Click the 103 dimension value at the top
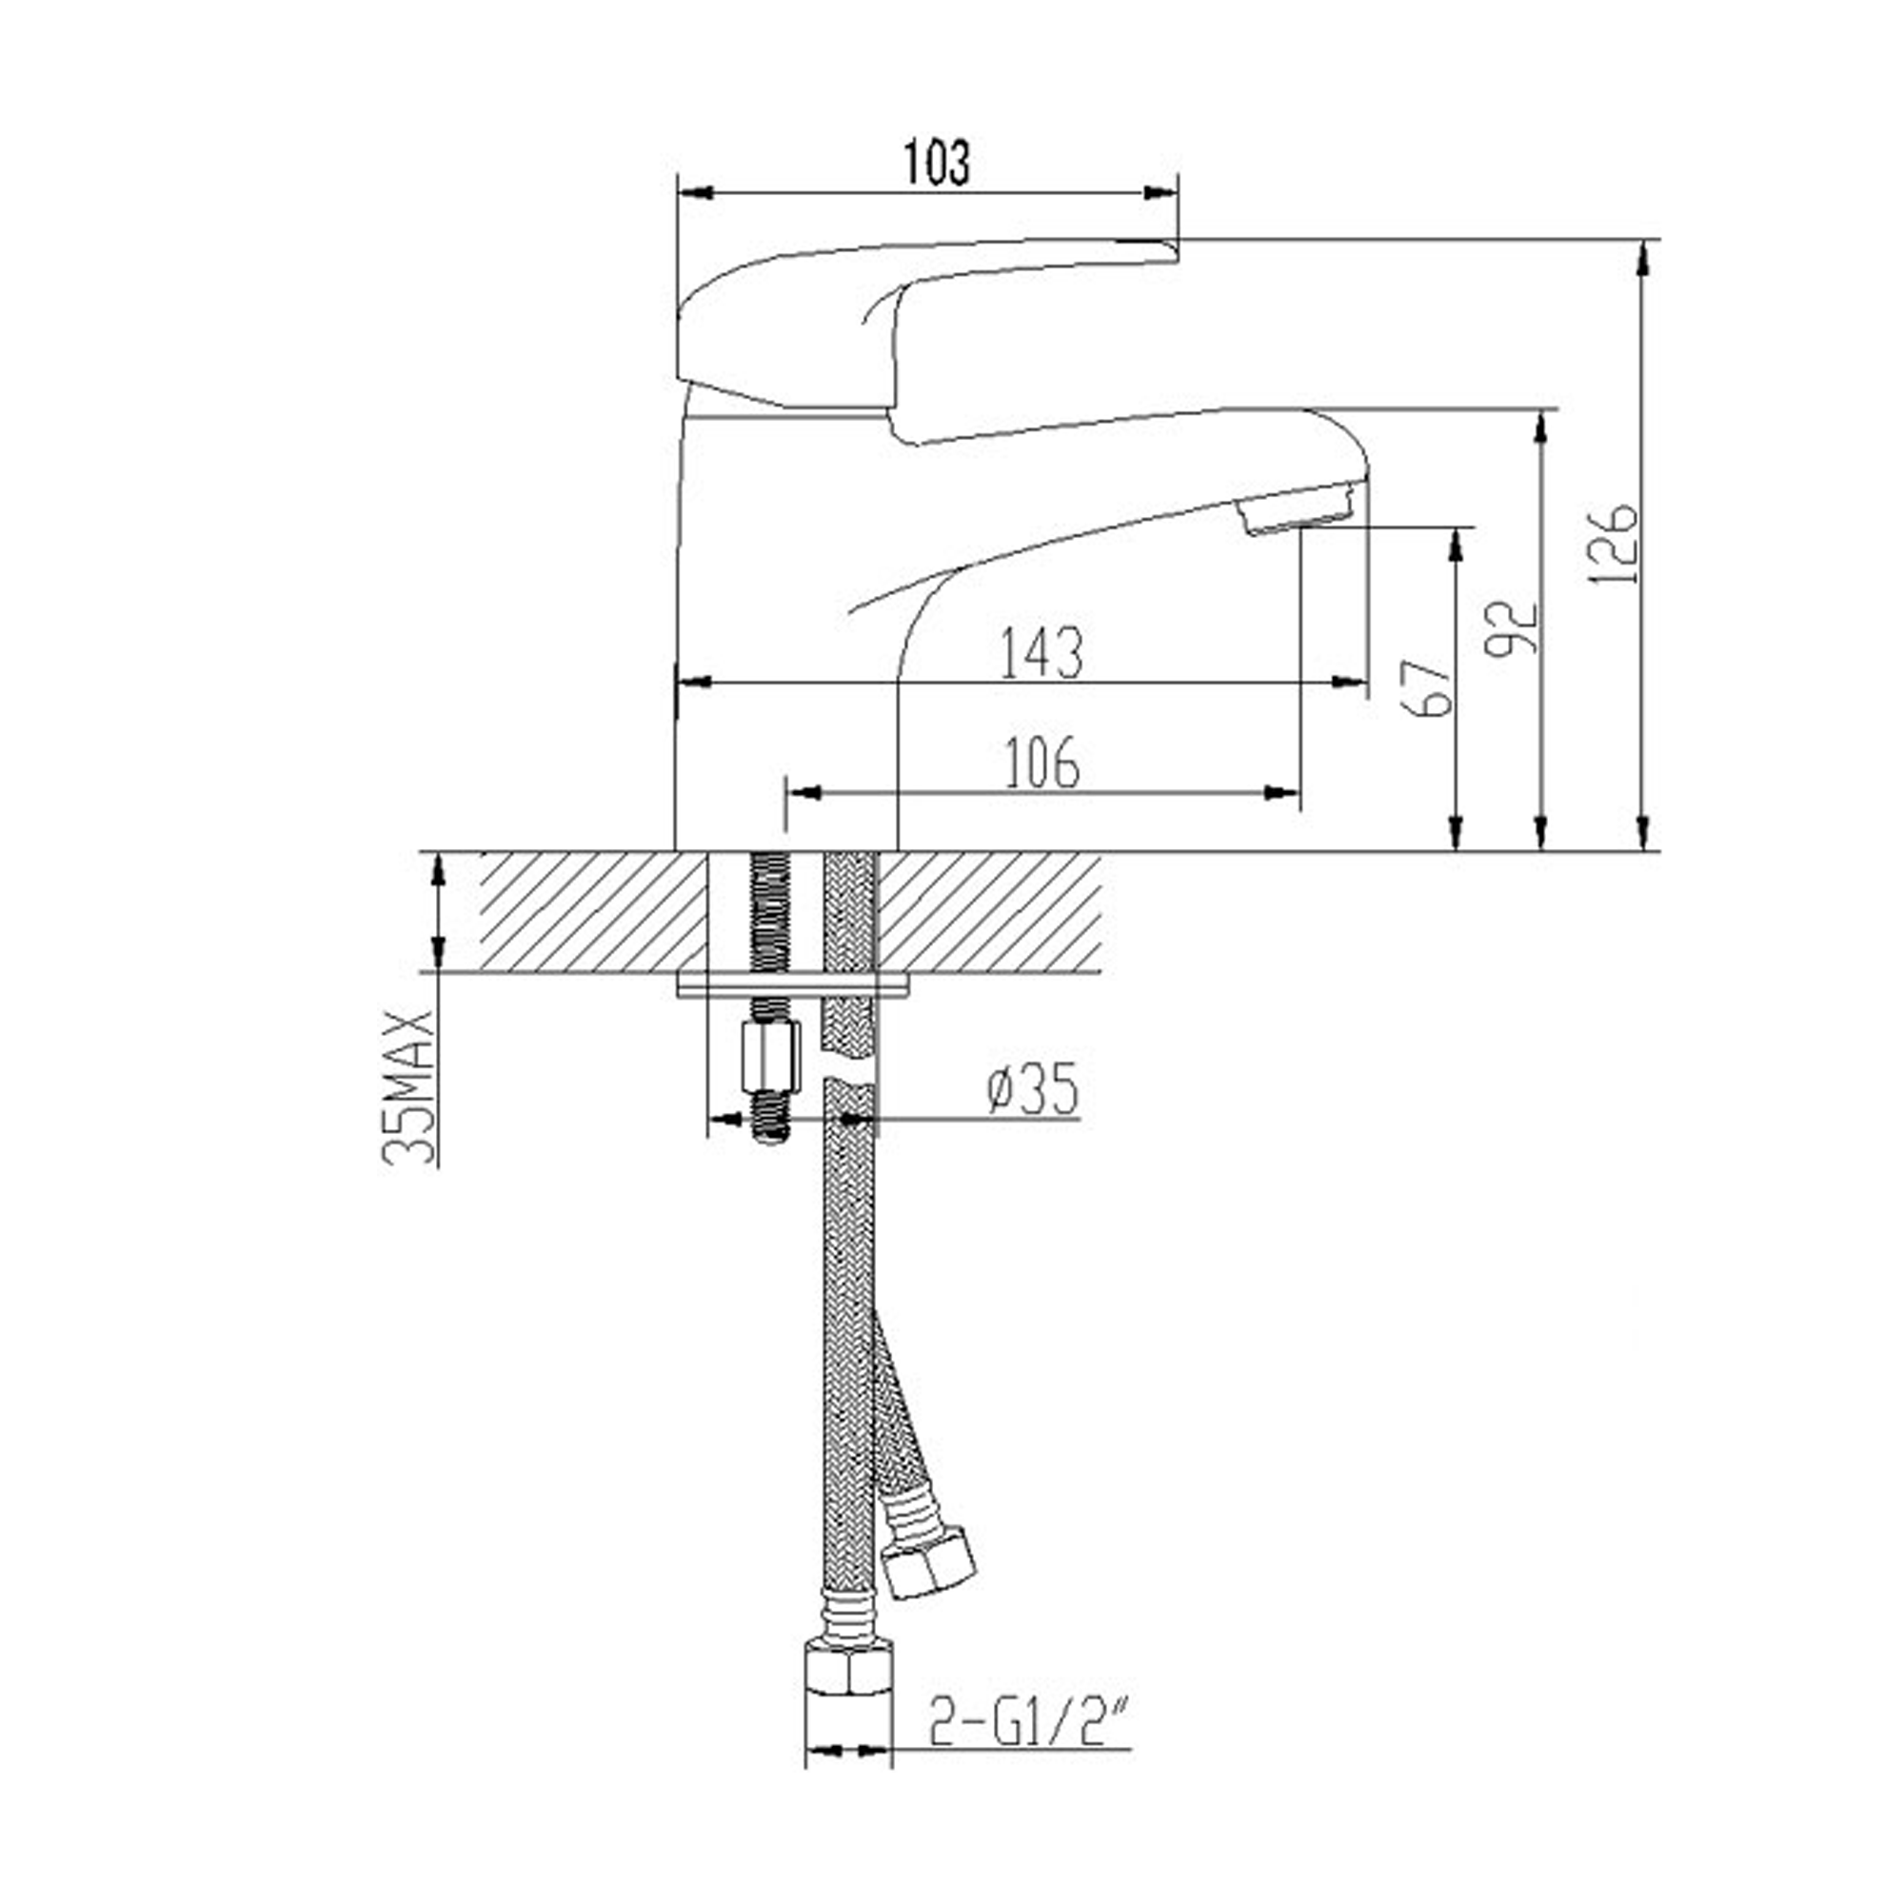936,163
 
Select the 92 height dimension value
1514,627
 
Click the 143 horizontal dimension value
1041,652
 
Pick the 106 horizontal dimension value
1041,764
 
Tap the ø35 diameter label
1032,1090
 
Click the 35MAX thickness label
407,1087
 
